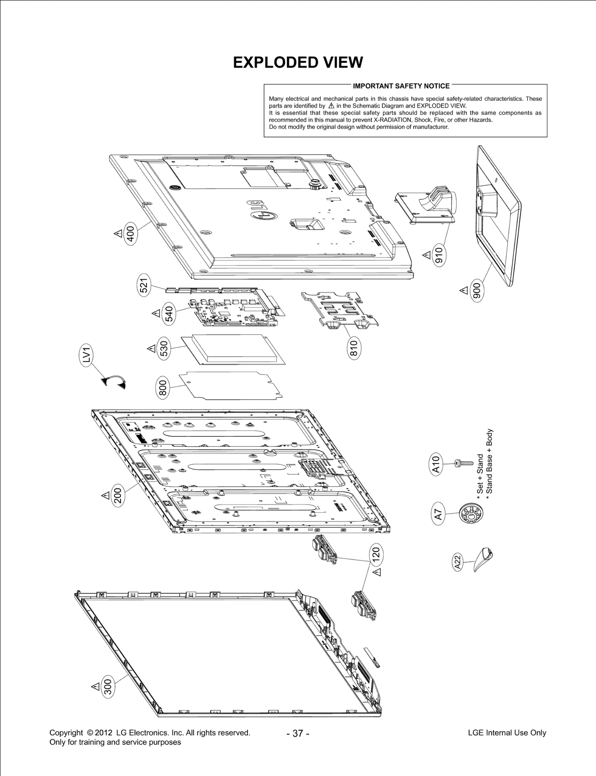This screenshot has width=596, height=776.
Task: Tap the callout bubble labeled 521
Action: point(144,285)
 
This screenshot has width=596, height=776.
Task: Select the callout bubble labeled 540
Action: point(169,315)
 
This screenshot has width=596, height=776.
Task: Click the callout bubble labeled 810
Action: point(354,348)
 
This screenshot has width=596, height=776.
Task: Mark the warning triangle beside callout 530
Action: point(151,349)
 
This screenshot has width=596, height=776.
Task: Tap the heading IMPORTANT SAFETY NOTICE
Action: point(401,86)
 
